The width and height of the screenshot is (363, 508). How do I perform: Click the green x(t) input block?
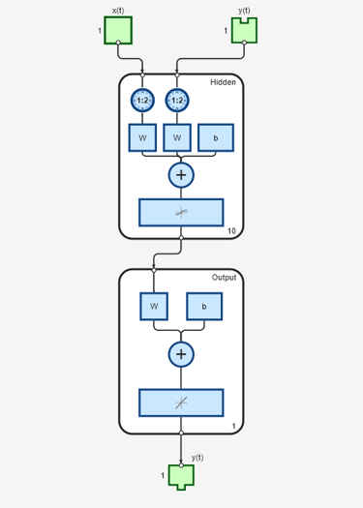118,30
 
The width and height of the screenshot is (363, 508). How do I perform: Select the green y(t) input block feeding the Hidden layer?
244,30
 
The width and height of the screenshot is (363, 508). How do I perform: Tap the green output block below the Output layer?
181,476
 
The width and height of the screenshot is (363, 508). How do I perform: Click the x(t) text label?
118,10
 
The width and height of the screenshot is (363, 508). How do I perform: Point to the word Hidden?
224,82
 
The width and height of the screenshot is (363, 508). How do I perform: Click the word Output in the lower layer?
224,278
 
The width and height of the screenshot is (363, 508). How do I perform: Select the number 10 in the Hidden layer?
231,230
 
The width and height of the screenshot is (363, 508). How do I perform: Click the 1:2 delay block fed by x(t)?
142,100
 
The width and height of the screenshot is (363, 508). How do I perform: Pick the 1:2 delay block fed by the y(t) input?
176,100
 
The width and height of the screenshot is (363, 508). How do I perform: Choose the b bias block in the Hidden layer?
215,137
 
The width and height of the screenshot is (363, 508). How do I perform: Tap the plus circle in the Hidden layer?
181,175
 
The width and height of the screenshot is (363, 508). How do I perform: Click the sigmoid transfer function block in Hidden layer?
181,212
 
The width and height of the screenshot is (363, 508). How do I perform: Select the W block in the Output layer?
154,307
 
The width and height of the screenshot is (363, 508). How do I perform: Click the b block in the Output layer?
203,307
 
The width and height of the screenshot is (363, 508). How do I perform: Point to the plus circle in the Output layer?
181,354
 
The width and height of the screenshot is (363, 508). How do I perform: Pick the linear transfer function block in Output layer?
181,403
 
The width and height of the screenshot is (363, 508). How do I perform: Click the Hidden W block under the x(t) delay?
142,137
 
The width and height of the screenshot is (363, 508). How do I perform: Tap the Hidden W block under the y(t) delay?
176,137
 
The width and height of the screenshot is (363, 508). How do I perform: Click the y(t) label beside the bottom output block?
197,457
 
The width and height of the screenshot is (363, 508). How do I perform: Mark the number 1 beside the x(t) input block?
100,31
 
